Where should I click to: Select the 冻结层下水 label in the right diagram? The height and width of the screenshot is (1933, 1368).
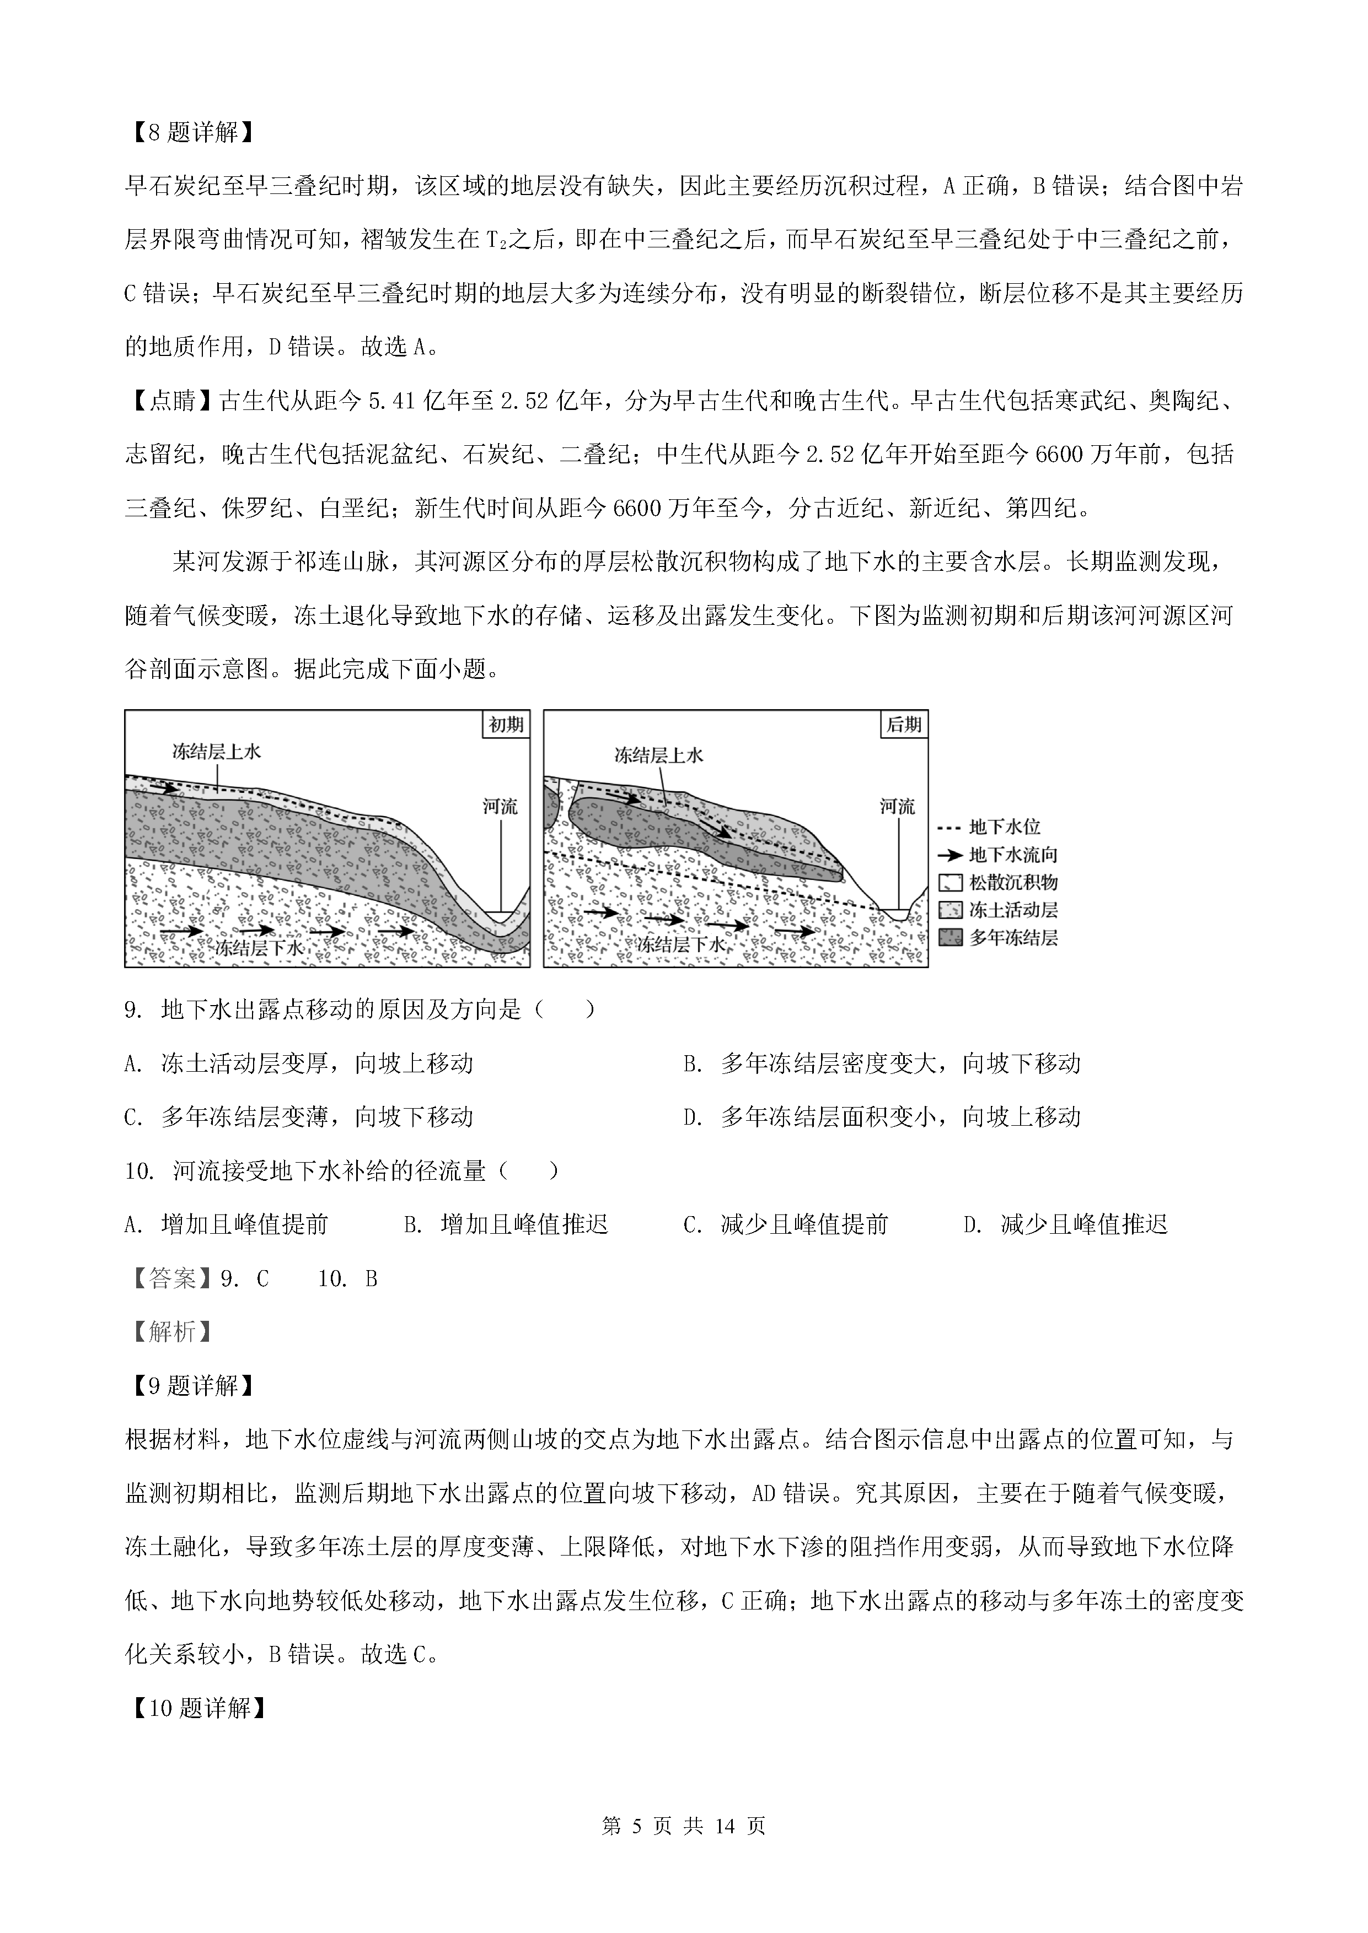680,944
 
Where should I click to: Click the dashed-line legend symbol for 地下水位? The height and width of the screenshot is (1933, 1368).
949,828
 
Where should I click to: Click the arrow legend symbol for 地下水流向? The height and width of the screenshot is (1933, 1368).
949,855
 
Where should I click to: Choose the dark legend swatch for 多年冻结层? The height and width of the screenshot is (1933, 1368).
949,937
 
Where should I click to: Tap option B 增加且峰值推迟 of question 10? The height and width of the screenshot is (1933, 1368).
506,1224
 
